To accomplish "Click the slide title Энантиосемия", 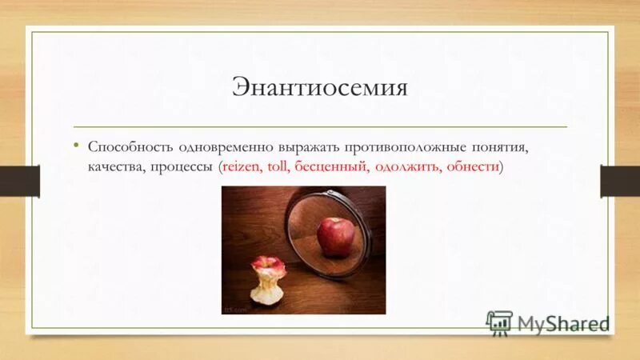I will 320,86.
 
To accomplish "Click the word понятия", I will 498,148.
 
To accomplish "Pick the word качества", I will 114,168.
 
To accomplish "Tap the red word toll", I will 279,168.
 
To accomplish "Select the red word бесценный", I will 331,168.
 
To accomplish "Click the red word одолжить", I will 407,168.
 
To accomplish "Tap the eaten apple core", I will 266,279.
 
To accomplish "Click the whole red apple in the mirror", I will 335,236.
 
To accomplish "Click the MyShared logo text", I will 562,323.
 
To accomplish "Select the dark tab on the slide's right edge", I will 621,181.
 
